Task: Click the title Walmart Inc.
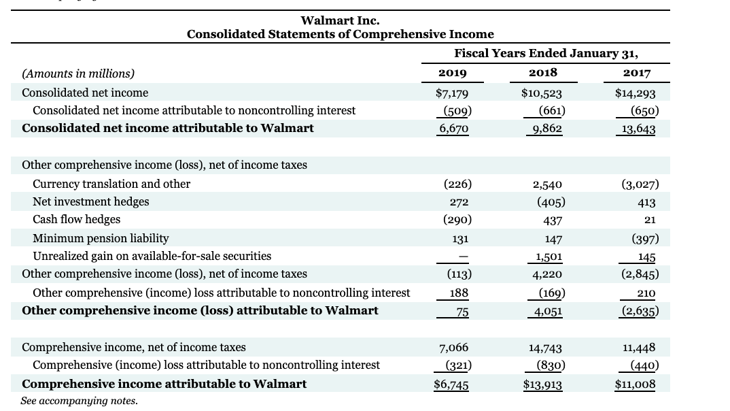tap(340, 21)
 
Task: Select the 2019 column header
tap(453, 73)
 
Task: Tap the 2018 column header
tap(542, 73)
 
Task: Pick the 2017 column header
tap(636, 73)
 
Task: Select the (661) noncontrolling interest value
tap(551, 111)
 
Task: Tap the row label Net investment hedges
tap(90, 201)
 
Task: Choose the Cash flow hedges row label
tap(76, 219)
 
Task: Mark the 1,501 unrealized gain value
tap(548, 257)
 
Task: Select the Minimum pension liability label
tap(101, 238)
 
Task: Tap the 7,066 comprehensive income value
tap(454, 348)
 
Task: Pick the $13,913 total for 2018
tap(542, 384)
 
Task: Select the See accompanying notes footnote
tap(79, 401)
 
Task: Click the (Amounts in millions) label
tap(78, 73)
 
